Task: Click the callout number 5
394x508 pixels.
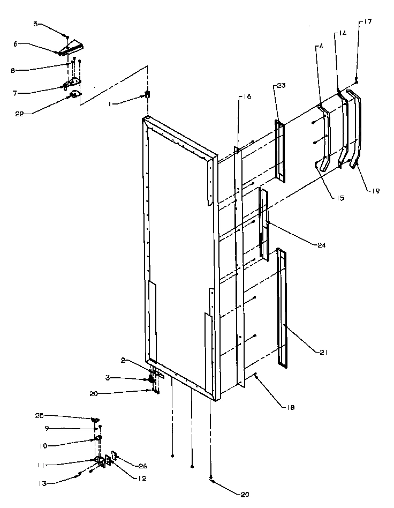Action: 36,24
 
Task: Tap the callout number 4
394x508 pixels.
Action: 321,46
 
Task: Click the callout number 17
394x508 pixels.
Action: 368,21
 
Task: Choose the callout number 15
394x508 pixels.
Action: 340,198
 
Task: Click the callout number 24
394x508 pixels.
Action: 320,245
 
